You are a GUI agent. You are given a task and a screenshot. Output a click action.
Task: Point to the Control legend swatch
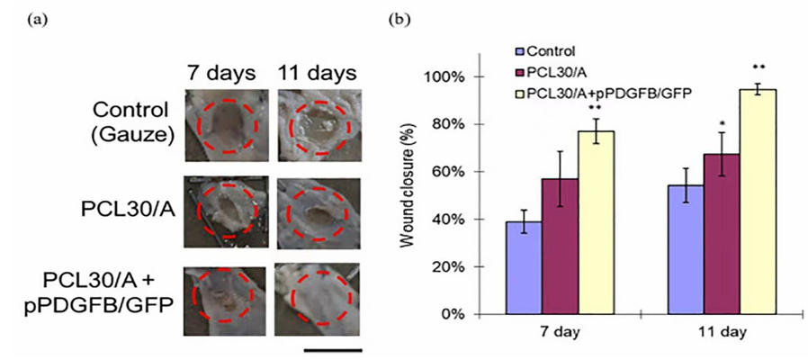pyautogui.click(x=519, y=51)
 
